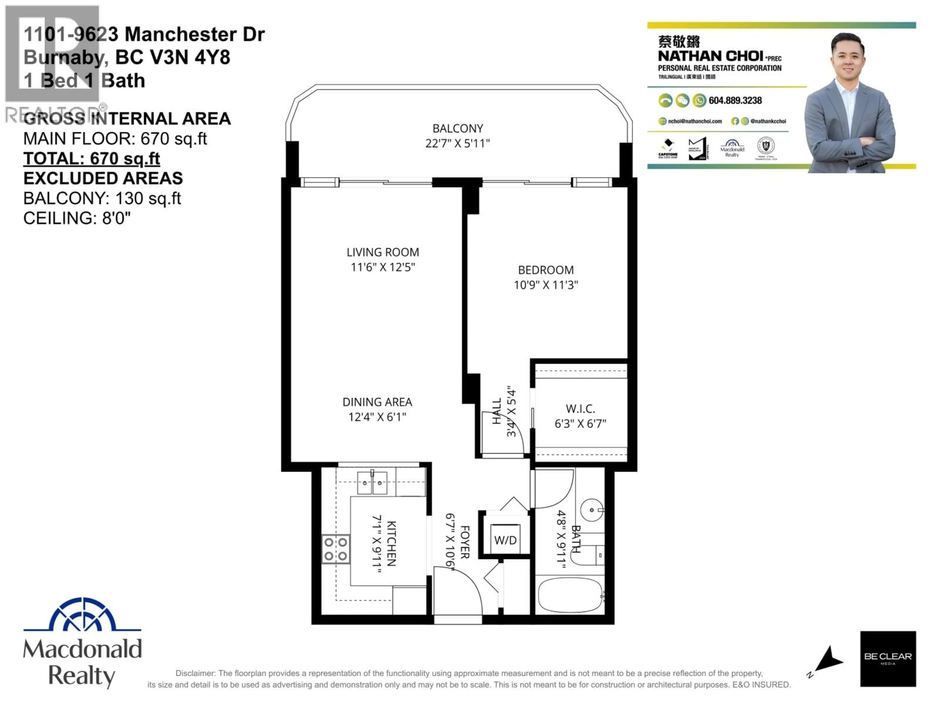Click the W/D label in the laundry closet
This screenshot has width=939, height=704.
pos(505,540)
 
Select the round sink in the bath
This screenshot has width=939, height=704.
pos(591,510)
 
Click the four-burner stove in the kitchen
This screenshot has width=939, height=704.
pos(335,549)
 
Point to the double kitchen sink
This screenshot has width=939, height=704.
pos(372,483)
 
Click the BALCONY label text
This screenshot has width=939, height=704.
pos(458,128)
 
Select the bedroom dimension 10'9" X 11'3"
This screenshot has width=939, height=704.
pos(546,285)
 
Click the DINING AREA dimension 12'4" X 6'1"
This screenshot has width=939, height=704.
pos(377,417)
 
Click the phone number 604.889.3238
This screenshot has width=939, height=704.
pos(735,100)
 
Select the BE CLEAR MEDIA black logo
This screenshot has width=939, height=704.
pos(888,658)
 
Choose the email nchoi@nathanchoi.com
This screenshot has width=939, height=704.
pos(694,121)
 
